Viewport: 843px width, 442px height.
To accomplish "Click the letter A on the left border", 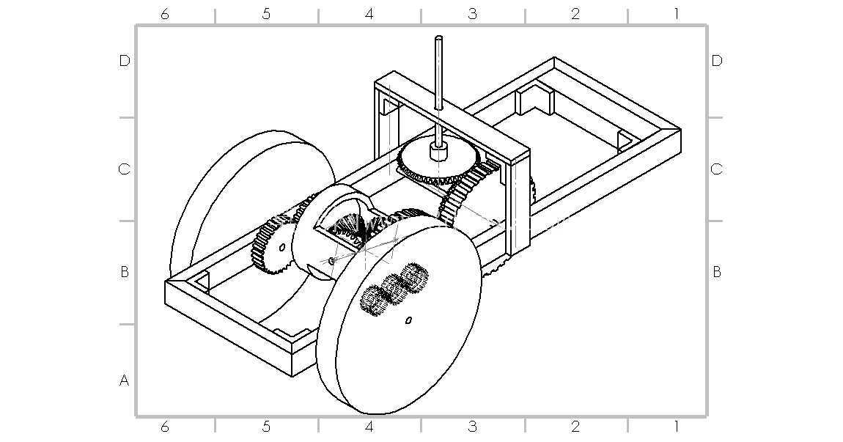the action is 124,380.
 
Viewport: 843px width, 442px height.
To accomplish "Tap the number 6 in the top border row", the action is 164,14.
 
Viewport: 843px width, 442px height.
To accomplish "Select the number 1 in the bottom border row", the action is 677,427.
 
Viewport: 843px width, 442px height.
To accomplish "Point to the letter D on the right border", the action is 717,61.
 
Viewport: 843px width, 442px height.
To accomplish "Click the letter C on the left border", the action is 124,169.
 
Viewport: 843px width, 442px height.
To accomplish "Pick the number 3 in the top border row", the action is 472,14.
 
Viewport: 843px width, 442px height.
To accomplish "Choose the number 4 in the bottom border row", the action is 369,427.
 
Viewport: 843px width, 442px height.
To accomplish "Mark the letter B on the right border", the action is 717,272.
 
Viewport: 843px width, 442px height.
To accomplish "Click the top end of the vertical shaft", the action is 439,38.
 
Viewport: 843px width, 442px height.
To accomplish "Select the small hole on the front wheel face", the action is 408,320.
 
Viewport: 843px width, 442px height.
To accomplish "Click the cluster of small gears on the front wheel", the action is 394,288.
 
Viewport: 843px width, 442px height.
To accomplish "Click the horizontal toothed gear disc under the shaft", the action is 438,158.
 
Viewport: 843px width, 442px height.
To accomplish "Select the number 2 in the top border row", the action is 575,14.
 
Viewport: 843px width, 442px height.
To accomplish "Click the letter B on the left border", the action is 124,272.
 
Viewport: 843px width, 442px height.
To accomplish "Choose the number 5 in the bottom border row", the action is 266,427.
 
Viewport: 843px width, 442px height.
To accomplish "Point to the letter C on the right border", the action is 717,169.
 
